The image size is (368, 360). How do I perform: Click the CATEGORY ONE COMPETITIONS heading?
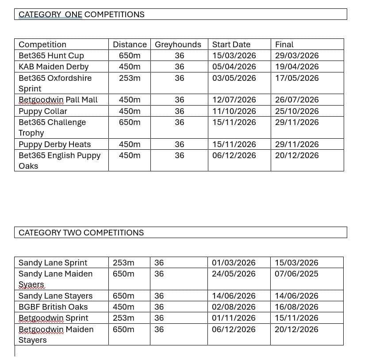point(81,15)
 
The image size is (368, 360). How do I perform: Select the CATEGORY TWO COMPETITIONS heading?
point(81,232)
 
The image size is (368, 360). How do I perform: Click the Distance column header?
point(130,45)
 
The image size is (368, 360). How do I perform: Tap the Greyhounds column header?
point(178,45)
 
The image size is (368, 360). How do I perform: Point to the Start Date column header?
point(231,45)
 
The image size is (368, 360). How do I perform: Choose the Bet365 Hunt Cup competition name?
point(51,56)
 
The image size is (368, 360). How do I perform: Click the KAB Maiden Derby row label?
point(54,67)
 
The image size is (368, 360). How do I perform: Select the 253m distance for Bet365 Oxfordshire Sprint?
point(130,78)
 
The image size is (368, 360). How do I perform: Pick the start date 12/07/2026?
point(234,100)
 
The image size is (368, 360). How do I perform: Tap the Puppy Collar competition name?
point(43,111)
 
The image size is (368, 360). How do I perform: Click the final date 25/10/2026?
point(297,111)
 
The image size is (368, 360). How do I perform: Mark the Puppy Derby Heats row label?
point(54,144)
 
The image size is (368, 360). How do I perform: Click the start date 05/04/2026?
point(234,67)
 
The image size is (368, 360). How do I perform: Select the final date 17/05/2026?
point(297,78)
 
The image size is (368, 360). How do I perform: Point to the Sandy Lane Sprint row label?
point(53,263)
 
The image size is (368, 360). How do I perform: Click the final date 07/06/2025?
point(296,274)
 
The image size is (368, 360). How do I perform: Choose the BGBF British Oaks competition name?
point(53,307)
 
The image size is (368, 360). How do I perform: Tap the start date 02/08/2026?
point(234,307)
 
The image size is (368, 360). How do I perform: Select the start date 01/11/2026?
point(234,318)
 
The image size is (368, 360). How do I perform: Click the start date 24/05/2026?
point(234,274)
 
